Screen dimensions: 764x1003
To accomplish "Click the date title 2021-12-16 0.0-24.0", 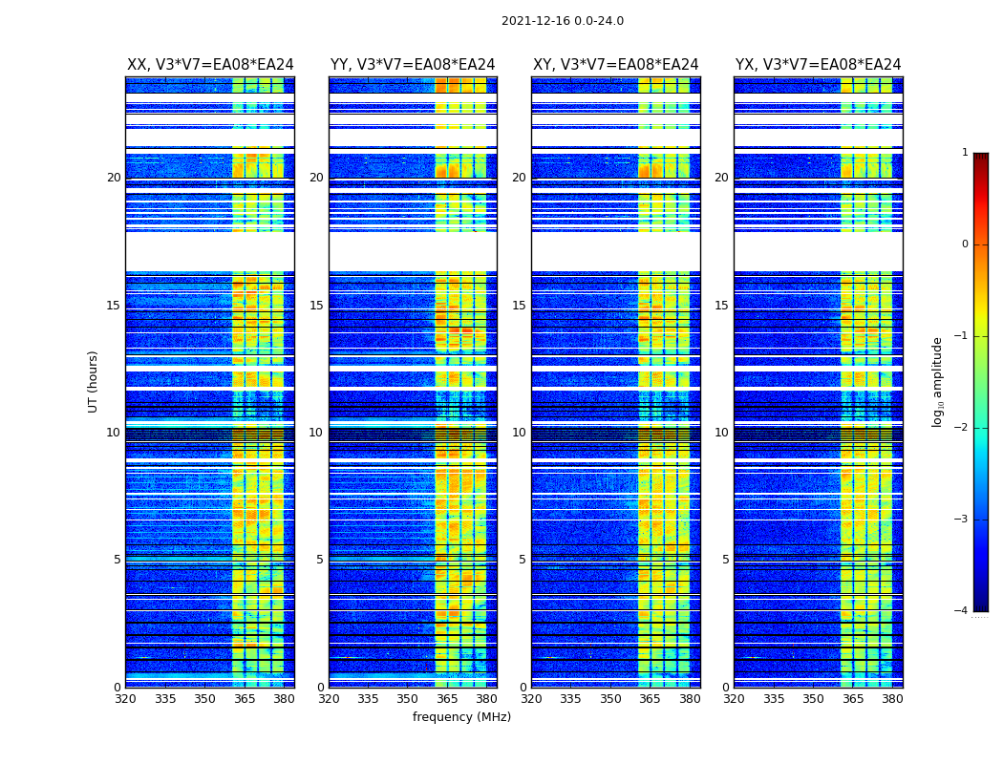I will click(562, 21).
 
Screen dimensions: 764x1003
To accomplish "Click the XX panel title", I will click(210, 65).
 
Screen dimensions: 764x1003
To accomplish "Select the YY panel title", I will click(413, 65).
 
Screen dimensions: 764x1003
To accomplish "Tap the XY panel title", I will click(615, 65).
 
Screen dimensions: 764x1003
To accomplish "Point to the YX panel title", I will click(818, 65).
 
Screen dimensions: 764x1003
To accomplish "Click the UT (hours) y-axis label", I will click(94, 381).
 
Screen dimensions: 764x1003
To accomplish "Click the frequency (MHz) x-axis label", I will click(461, 717).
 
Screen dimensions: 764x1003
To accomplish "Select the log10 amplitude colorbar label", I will click(937, 381).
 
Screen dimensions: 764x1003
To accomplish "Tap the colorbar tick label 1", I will click(965, 153).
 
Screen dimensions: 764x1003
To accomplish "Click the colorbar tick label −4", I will click(962, 611).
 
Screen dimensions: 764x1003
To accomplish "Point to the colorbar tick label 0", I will click(965, 244).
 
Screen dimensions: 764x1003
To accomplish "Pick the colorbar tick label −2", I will click(962, 428).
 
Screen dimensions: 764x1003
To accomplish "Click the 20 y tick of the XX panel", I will click(114, 178).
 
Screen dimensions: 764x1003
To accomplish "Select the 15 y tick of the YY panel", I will click(316, 306).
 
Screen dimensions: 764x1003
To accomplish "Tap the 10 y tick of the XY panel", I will click(519, 433).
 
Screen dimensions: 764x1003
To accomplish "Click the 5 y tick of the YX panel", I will click(725, 560).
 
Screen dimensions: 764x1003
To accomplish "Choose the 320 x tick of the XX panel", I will click(125, 699).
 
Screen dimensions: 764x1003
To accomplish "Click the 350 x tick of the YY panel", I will click(407, 699).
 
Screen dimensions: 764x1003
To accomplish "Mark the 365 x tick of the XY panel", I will click(650, 699).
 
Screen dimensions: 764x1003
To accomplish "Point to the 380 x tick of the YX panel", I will click(892, 699).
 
